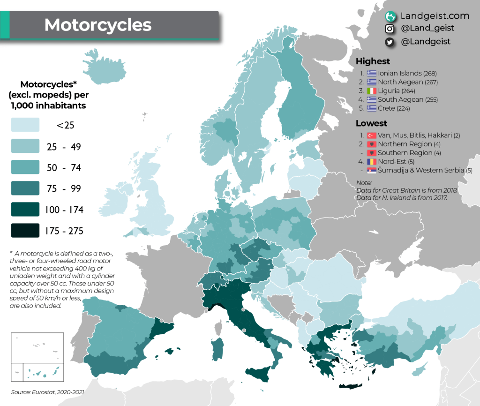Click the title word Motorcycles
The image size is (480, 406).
[98, 25]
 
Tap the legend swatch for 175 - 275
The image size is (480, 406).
[25, 231]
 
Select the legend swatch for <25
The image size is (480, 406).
[25, 125]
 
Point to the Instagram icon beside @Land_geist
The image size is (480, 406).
[389, 29]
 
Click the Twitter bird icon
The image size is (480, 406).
[389, 42]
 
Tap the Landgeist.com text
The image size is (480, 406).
[435, 16]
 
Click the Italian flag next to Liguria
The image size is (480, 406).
[372, 91]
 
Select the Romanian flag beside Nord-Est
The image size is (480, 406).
[372, 162]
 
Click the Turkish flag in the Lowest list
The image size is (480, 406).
[372, 135]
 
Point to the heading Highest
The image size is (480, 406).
[373, 61]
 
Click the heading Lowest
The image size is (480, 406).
[371, 123]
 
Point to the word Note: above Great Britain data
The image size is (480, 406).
[363, 182]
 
